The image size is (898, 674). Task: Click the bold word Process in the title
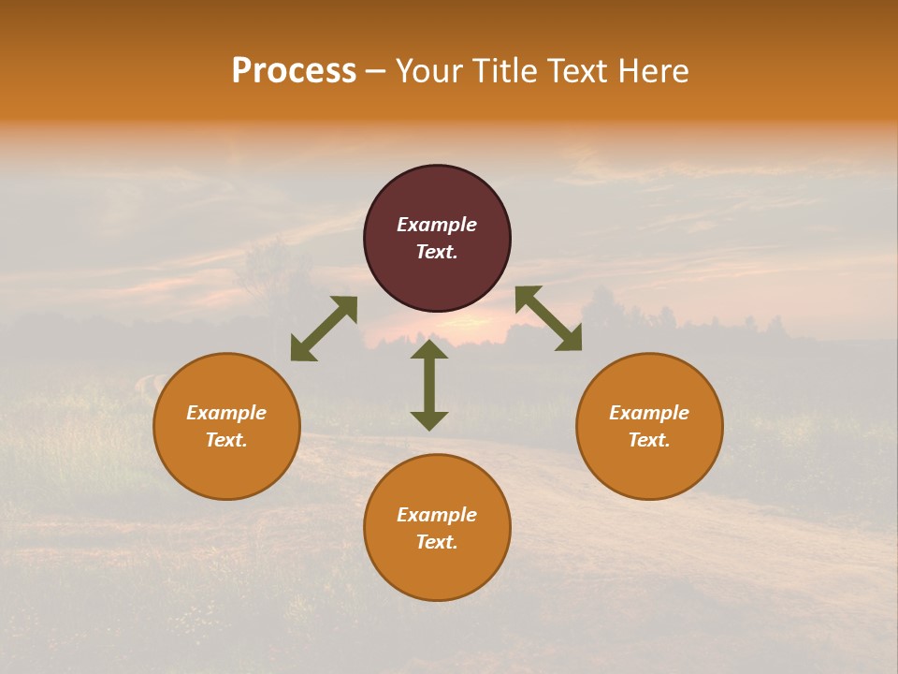[294, 71]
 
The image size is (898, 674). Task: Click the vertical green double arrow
[429, 385]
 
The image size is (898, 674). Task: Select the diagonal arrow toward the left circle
[324, 329]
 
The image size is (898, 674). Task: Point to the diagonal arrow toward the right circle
[548, 318]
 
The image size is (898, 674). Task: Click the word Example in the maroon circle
[437, 225]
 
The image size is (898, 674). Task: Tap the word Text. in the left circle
[226, 440]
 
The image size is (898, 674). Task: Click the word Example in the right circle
[649, 413]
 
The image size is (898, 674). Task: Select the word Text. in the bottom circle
[437, 542]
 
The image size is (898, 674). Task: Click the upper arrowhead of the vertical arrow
[429, 349]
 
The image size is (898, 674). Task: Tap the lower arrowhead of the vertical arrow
[429, 420]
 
